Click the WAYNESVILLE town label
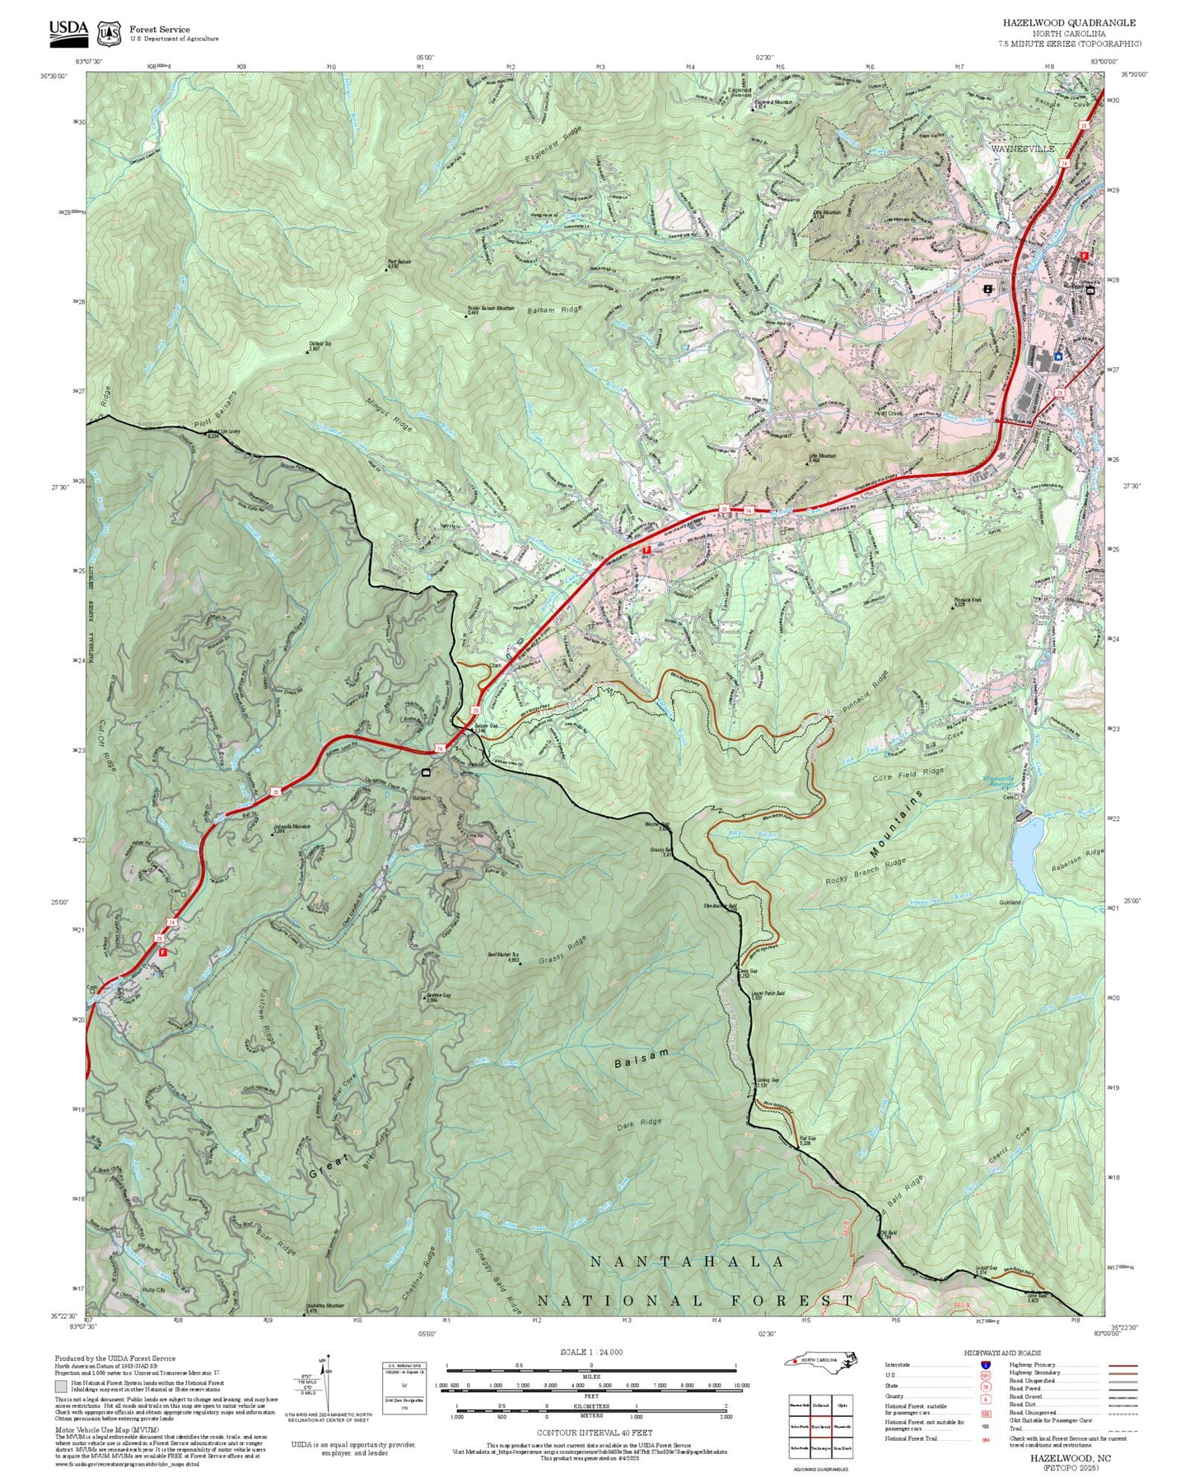(1022, 149)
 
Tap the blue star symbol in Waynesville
(1058, 356)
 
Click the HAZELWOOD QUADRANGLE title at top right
(1069, 23)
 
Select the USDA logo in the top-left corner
(68, 32)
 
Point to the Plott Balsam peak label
(399, 264)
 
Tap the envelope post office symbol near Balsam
(426, 772)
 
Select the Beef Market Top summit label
(503, 956)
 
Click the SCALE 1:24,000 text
(591, 1352)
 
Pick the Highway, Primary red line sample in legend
(1122, 1365)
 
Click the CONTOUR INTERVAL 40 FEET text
(590, 1433)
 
